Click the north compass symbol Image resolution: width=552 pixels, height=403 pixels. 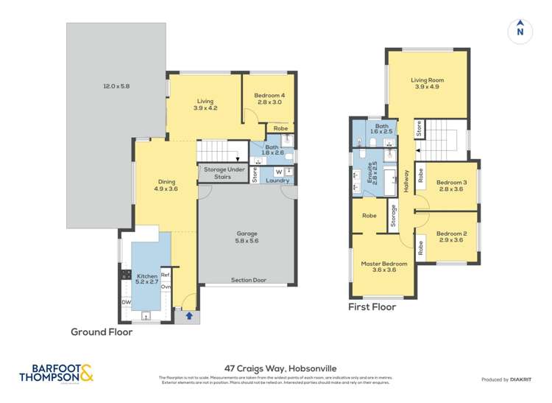pos(520,30)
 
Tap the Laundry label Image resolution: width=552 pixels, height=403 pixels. pos(277,180)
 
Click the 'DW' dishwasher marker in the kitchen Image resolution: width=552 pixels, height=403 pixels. pos(125,302)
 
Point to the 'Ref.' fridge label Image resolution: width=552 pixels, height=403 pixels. pos(166,272)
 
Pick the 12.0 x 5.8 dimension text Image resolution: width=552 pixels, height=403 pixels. pos(116,87)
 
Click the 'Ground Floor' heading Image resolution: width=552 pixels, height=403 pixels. pos(102,332)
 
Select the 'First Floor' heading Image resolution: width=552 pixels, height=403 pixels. pos(372,307)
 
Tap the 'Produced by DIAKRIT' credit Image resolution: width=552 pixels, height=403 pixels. pos(506,379)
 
